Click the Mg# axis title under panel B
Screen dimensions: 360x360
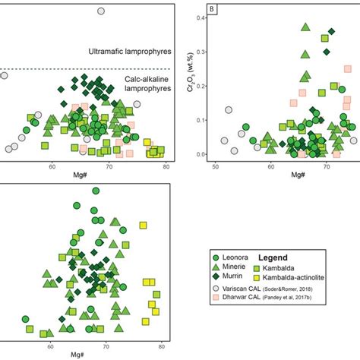pos(283,175)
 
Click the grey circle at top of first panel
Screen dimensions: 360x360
pos(101,11)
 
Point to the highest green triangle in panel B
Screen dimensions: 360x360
pos(305,28)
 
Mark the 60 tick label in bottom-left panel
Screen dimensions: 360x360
pos(50,346)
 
